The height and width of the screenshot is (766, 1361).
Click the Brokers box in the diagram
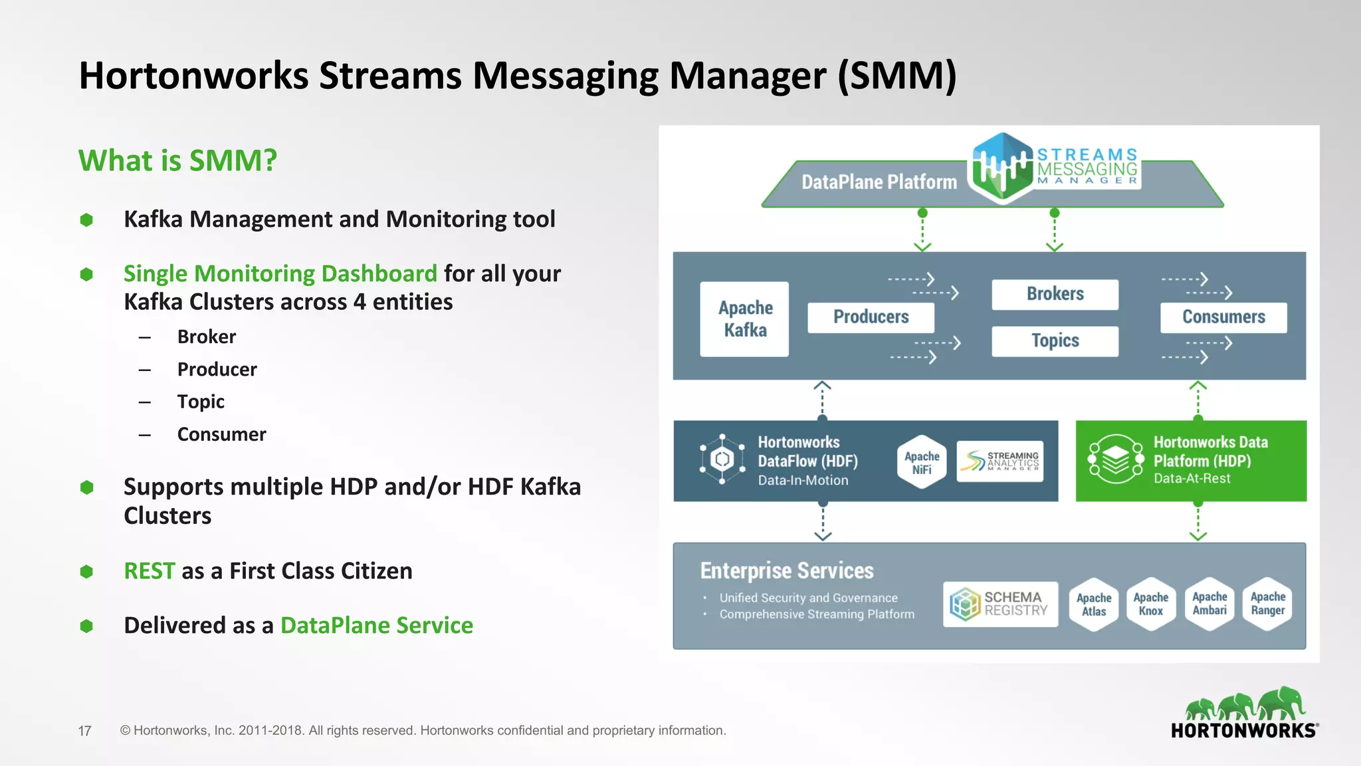1055,294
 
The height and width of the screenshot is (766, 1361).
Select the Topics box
1055,340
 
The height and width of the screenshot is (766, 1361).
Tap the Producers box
871,317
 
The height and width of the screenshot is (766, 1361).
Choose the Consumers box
1223,317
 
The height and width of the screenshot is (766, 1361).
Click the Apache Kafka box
744,319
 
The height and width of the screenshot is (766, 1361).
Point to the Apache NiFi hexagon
922,462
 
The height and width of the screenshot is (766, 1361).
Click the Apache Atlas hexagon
1094,604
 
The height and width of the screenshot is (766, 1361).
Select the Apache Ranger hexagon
1267,604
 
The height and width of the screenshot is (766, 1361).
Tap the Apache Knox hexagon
1151,604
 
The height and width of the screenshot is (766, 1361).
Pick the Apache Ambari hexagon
1209,604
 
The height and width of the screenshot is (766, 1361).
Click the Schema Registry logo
1000,604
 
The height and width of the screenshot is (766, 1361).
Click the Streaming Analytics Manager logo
1000,461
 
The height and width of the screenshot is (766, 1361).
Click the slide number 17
84,731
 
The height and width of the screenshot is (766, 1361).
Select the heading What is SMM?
177,161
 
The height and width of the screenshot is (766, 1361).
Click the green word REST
150,571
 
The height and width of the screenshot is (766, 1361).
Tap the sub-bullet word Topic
201,402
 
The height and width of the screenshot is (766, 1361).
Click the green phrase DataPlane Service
376,626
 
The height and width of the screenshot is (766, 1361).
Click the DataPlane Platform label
879,182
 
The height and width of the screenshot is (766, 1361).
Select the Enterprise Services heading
787,571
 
